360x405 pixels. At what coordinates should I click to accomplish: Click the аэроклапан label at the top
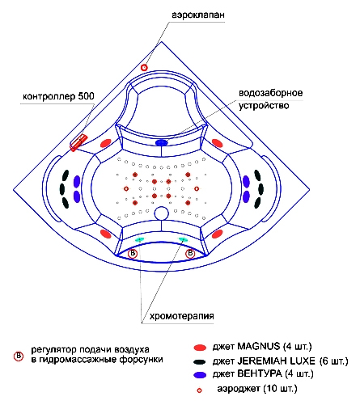coord(198,15)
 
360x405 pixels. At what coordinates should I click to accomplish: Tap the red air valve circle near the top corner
coord(144,68)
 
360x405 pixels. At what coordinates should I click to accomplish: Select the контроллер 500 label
coord(58,96)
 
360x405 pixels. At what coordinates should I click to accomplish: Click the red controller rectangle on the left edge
coord(78,142)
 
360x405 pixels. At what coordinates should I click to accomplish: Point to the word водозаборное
coord(271,93)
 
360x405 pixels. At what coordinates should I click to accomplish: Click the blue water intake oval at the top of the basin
coord(162,142)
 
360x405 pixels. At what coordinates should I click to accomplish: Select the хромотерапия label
coord(182,316)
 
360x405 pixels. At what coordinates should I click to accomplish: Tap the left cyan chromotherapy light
coord(140,239)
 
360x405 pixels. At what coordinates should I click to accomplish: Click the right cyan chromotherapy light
coord(183,239)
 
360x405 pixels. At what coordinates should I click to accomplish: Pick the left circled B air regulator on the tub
coord(133,254)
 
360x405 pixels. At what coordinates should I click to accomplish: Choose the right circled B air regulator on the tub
coord(190,254)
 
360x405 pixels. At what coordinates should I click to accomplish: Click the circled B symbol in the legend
coord(19,356)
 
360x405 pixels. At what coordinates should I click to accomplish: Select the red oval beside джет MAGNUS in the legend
coord(200,348)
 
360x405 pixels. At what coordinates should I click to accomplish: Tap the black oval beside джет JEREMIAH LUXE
coord(200,361)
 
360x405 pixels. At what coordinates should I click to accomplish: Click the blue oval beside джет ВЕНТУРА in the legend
coord(200,375)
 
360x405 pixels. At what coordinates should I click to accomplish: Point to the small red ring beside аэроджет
coord(199,390)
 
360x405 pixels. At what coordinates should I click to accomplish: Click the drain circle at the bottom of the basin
coord(162,213)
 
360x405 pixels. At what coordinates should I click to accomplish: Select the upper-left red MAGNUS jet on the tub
coord(106,143)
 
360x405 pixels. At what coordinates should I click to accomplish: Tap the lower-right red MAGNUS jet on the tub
coord(218,234)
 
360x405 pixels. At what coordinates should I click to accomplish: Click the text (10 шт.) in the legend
coord(280,389)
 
